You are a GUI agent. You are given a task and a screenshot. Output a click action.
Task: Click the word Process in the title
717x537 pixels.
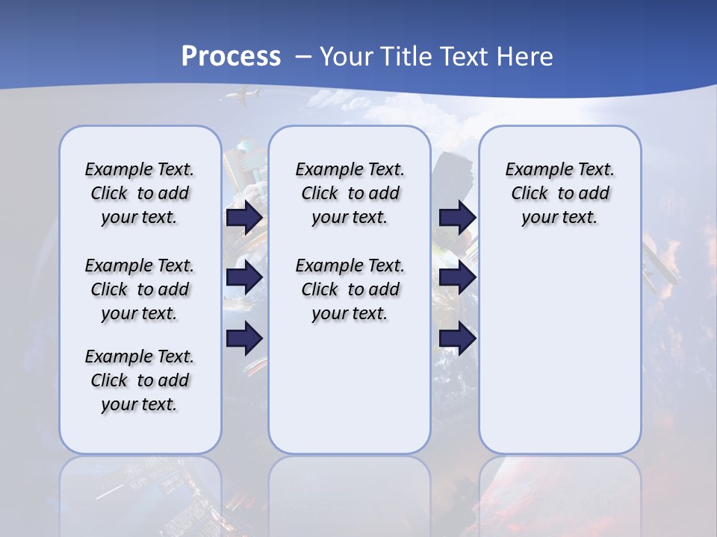click(231, 56)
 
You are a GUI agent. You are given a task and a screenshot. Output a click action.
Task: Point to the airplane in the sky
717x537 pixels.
click(242, 96)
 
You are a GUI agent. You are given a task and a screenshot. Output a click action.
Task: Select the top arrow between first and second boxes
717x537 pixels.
click(244, 218)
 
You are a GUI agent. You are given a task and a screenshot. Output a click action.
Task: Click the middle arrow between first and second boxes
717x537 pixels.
click(244, 278)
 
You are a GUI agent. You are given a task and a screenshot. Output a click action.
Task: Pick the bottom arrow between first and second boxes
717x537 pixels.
click(244, 338)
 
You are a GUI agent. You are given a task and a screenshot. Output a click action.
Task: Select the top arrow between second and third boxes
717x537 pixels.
click(457, 218)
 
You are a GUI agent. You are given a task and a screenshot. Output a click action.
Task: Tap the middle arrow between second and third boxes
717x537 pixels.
click(457, 278)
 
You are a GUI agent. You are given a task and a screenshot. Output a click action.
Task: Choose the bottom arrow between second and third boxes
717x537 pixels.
click(457, 338)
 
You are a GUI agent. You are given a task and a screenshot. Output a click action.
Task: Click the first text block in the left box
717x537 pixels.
click(139, 193)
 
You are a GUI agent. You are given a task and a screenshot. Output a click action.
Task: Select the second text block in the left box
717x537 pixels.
click(139, 289)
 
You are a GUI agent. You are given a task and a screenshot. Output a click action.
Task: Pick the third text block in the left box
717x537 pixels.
click(139, 380)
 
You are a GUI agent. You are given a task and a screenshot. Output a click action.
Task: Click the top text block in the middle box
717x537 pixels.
click(350, 193)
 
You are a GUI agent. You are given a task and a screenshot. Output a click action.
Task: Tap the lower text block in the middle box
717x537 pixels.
click(350, 289)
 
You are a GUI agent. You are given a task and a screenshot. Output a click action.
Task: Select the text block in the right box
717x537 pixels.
click(559, 193)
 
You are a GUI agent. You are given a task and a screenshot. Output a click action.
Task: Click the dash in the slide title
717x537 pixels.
click(303, 57)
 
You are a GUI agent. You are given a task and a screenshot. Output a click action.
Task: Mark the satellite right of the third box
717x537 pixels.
click(661, 261)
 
